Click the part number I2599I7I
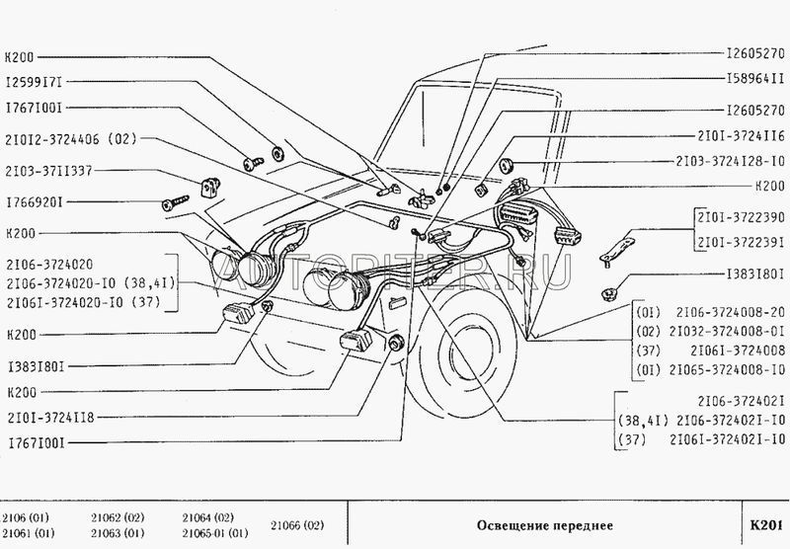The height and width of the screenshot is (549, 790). click(36, 83)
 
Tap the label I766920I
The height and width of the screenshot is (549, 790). click(36, 203)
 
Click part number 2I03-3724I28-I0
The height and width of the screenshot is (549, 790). click(730, 160)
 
